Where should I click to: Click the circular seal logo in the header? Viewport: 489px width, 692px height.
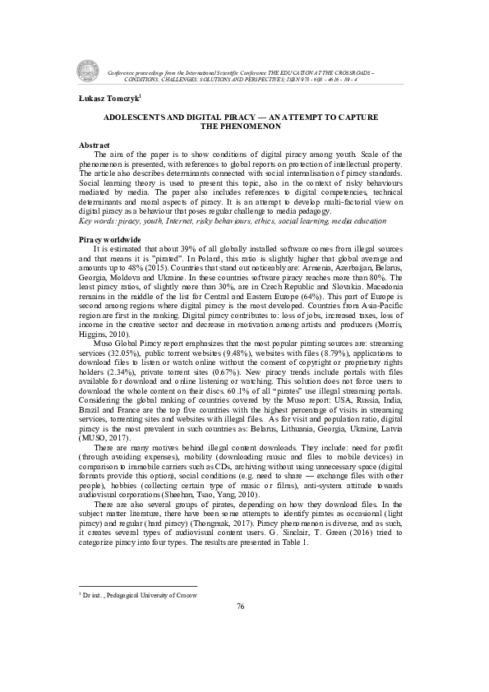[x=88, y=71]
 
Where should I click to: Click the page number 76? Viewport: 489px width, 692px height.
[x=241, y=606]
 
